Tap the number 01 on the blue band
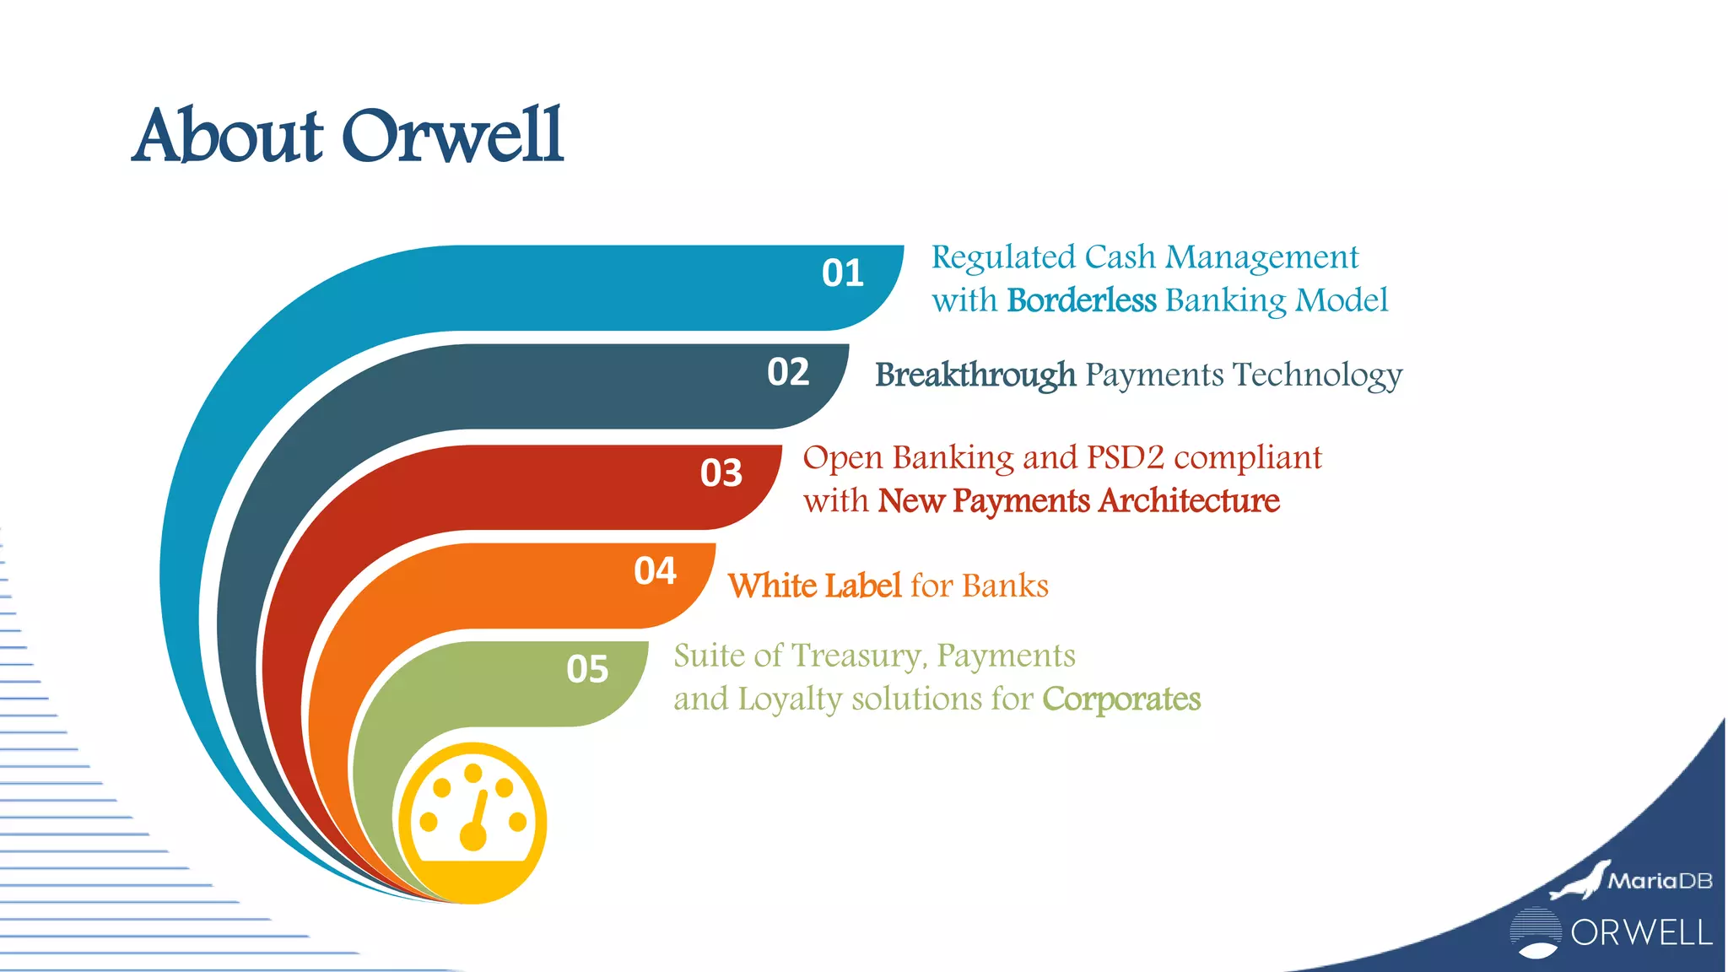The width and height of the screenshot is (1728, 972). click(x=842, y=273)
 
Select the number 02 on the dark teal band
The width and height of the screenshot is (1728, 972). click(x=788, y=372)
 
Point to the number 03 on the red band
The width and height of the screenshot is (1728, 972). click(x=721, y=473)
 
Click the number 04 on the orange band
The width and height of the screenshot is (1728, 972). click(x=655, y=571)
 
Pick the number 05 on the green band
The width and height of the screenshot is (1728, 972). click(x=587, y=670)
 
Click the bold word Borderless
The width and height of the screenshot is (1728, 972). click(x=1081, y=300)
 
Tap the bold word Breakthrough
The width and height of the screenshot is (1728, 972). click(x=975, y=375)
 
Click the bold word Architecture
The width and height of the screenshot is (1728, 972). click(x=1189, y=501)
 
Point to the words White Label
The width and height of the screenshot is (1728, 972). click(x=814, y=586)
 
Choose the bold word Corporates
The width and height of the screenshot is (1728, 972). click(x=1121, y=699)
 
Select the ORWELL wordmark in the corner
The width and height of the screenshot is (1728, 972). click(x=1641, y=933)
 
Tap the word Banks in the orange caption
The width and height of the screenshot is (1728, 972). click(x=1005, y=586)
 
